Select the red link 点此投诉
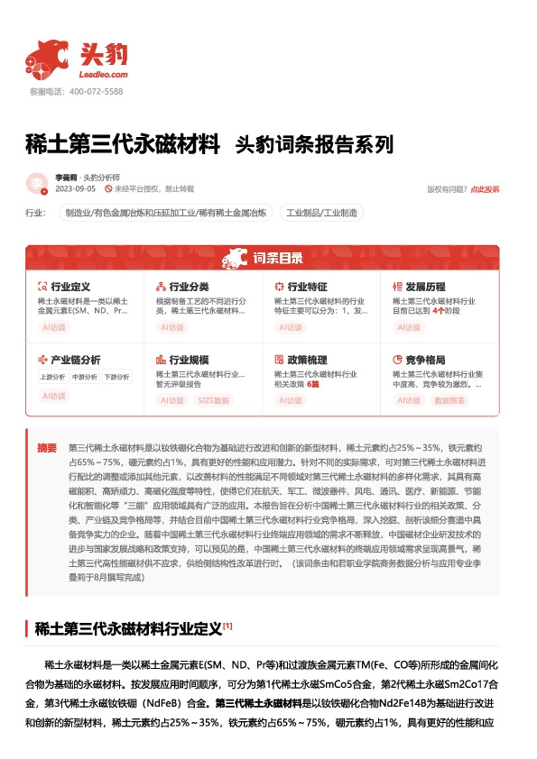[485, 189]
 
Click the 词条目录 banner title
[268, 260]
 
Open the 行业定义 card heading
[69, 286]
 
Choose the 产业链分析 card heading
[74, 359]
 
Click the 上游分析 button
[52, 376]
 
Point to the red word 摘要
[46, 448]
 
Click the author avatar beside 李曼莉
[37, 183]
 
